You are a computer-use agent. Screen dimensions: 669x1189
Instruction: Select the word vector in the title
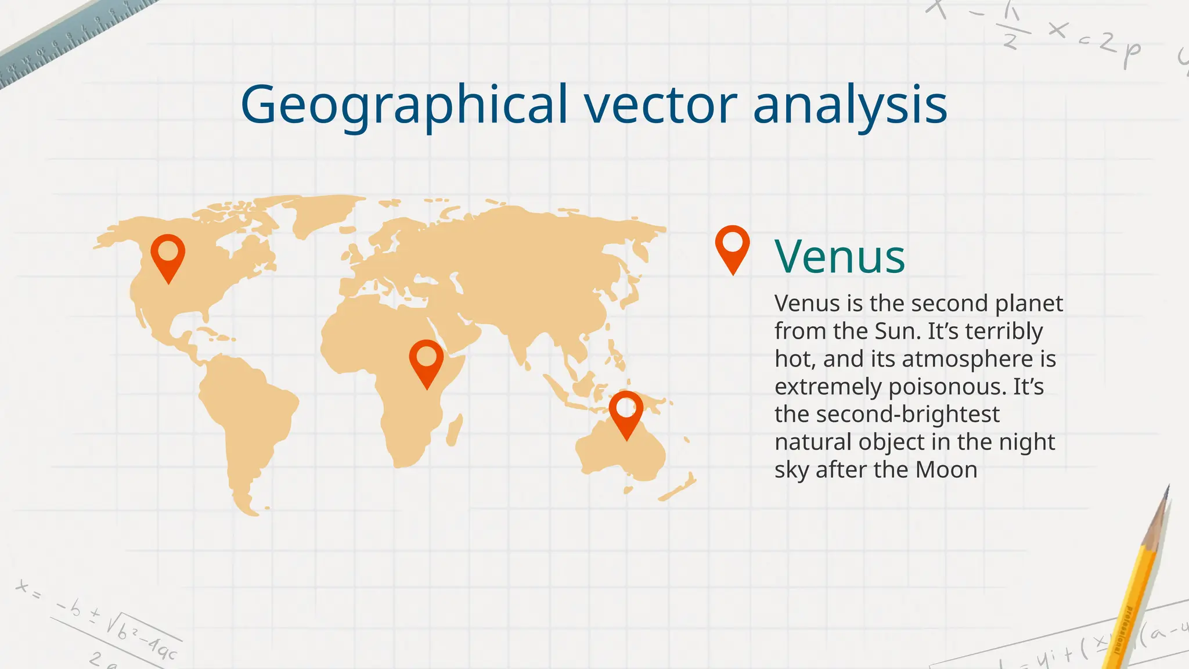point(661,106)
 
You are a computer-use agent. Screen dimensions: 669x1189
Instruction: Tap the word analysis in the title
point(850,106)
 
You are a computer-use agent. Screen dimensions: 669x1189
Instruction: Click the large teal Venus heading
point(839,257)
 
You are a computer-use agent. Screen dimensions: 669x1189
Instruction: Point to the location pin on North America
point(168,256)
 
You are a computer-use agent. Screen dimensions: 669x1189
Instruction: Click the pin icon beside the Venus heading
point(732,247)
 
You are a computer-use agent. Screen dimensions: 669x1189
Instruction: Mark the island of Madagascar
point(455,430)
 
